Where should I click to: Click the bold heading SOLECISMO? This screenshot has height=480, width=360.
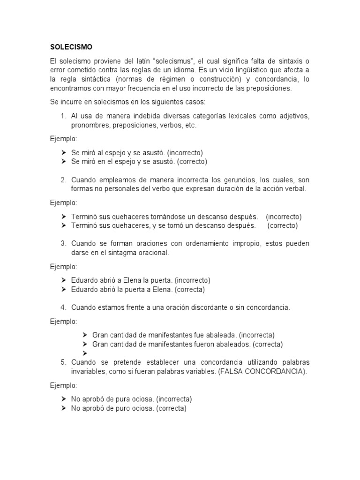pos(71,47)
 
